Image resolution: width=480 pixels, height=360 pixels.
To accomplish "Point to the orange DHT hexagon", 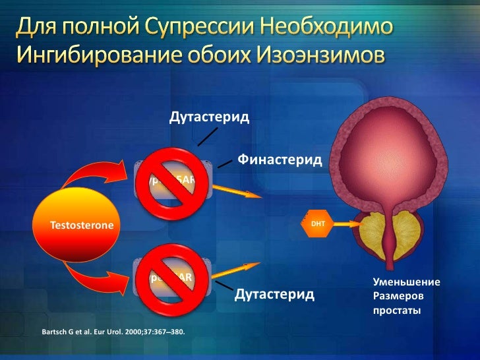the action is pos(316,225).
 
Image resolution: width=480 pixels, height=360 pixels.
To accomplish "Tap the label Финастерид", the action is pos(280,160).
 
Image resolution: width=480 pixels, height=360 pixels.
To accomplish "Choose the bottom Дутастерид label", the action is pos(274,293).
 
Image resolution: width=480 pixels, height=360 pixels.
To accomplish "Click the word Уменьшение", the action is pos(406,282).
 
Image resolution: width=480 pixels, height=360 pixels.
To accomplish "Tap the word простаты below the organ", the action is pos(397,310).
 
